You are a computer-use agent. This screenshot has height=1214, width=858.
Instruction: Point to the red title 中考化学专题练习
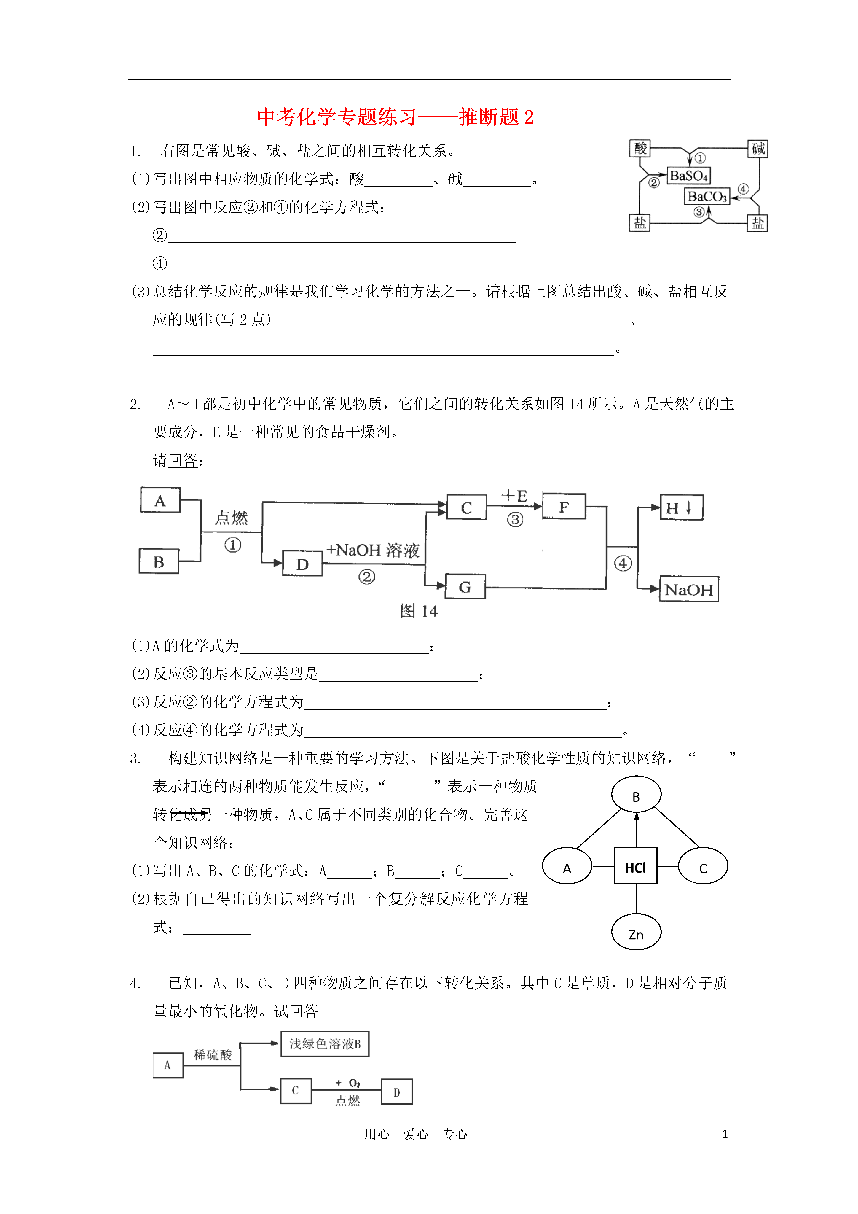pos(337,117)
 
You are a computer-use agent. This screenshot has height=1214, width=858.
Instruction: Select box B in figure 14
pos(159,561)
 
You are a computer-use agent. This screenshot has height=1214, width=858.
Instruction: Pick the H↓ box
pos(681,507)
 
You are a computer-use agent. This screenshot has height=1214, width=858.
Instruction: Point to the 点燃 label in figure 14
pos(231,517)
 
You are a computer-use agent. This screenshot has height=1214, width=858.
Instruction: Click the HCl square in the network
pos(635,865)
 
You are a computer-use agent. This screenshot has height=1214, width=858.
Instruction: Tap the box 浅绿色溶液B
pos(325,1044)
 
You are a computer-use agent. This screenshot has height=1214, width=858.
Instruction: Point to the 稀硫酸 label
pos(213,1055)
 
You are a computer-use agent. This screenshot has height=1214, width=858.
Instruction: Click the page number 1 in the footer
pos(725,1134)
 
